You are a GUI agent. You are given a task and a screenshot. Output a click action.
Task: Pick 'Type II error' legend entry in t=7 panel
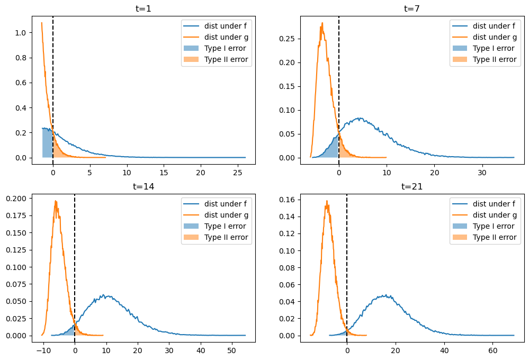click(494, 59)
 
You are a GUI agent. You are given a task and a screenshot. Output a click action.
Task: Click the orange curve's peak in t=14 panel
click(56, 201)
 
